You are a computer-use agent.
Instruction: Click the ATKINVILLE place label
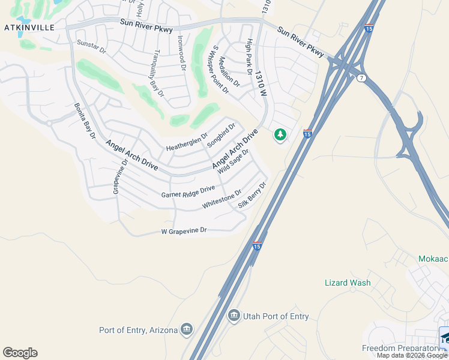[29, 28]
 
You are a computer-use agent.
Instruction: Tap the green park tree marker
[280, 134]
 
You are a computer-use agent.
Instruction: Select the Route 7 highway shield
[361, 78]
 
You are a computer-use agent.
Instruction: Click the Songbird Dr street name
[221, 136]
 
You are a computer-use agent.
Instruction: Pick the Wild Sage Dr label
[234, 161]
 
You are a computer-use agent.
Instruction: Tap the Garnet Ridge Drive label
[188, 191]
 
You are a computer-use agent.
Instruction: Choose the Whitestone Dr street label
[221, 200]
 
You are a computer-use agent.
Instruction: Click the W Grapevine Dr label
[184, 230]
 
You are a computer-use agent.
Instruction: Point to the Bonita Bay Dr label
[85, 121]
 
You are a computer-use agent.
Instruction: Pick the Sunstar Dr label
[91, 46]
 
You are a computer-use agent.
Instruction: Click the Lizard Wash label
[348, 283]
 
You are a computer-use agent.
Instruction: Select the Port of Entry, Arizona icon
[187, 329]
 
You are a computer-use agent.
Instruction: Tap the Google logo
[20, 353]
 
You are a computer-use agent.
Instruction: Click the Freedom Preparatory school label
[401, 349]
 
